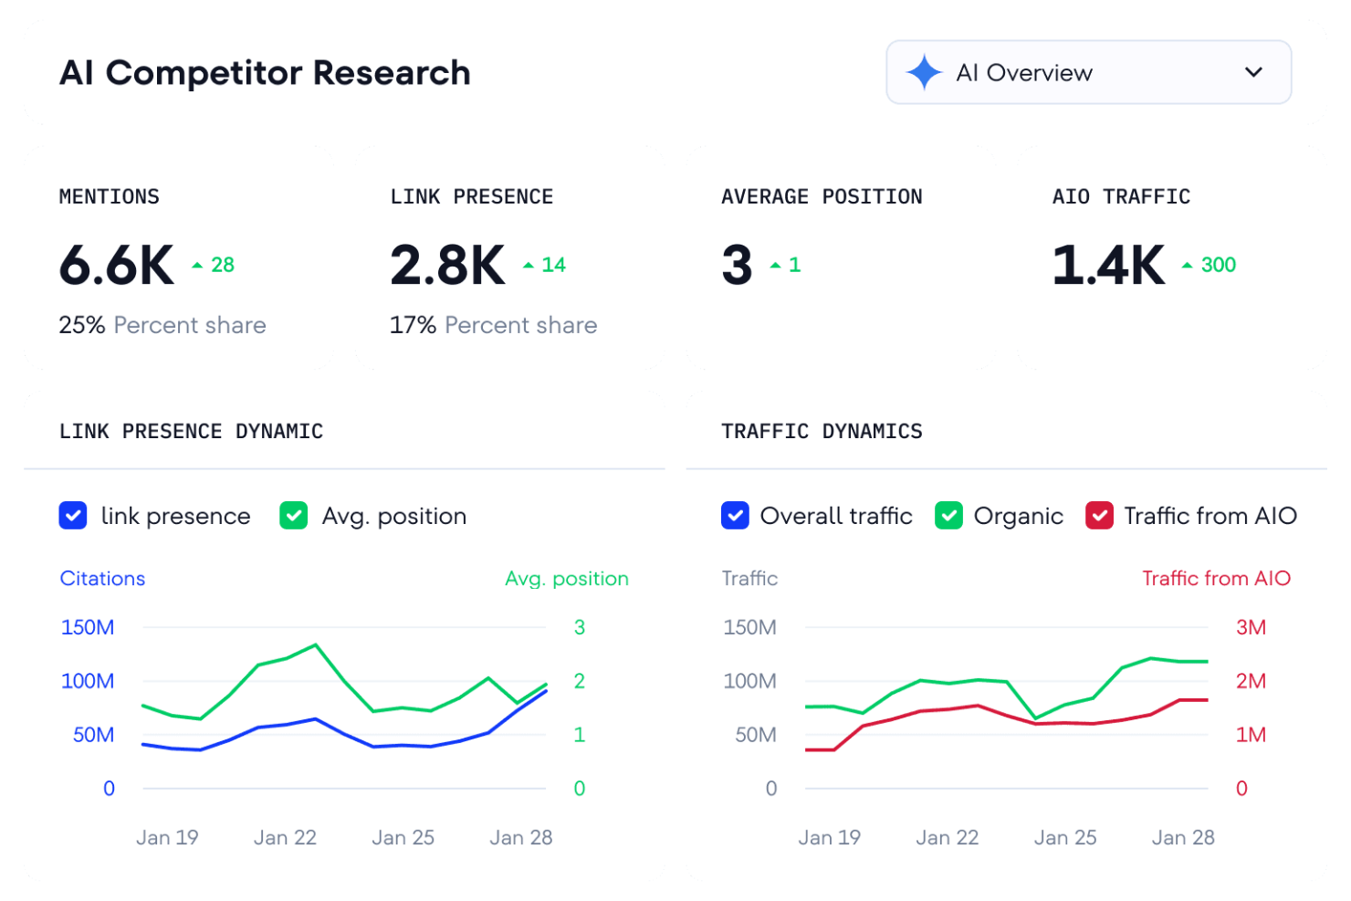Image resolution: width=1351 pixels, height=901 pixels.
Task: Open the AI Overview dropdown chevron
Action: pos(1253,72)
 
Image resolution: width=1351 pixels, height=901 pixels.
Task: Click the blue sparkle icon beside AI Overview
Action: pos(924,72)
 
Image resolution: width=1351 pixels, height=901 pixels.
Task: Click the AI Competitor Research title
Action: pos(265,73)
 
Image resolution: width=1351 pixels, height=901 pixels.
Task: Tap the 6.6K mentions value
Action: pos(117,266)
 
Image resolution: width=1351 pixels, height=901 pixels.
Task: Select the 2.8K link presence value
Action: pos(447,266)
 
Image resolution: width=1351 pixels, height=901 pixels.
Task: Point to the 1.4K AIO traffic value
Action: pos(1108,266)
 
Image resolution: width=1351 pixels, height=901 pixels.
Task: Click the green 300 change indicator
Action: pos(1217,265)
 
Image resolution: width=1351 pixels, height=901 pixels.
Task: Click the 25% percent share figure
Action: pos(82,325)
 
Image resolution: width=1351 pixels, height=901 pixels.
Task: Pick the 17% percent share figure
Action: pos(413,325)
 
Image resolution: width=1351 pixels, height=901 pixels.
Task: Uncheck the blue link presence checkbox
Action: pos(73,516)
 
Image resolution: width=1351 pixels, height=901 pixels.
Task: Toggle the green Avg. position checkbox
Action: pos(294,516)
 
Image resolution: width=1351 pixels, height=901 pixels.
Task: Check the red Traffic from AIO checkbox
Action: pos(1099,516)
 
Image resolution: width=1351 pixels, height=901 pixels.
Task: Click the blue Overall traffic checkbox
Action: pos(735,516)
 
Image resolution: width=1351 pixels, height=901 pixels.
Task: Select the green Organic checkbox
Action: pos(949,516)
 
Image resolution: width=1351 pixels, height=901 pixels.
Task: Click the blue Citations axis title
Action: pos(102,579)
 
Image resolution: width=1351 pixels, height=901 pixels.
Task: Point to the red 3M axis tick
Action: pos(1251,627)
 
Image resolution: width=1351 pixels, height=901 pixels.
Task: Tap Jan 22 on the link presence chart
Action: pos(285,837)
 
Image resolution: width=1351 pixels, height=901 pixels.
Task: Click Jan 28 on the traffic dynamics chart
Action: pos(1183,837)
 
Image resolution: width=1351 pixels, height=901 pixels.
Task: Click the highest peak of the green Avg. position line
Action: pos(316,644)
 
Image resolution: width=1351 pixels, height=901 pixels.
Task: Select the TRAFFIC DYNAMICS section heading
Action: pos(822,431)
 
